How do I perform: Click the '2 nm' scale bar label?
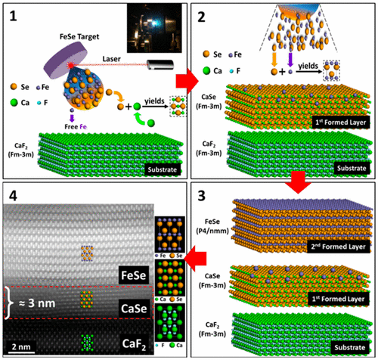23,346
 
